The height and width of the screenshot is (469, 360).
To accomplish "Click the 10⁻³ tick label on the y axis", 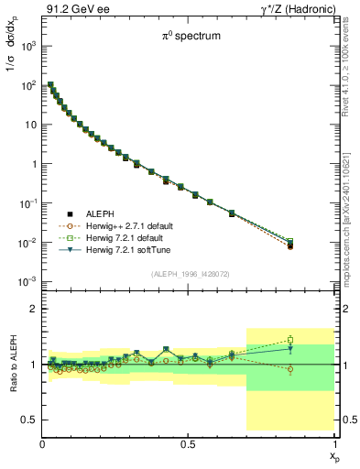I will tap(27, 281).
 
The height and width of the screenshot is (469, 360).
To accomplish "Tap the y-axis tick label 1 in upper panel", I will tap(33, 163).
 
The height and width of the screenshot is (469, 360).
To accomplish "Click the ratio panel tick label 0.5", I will tap(28, 420).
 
